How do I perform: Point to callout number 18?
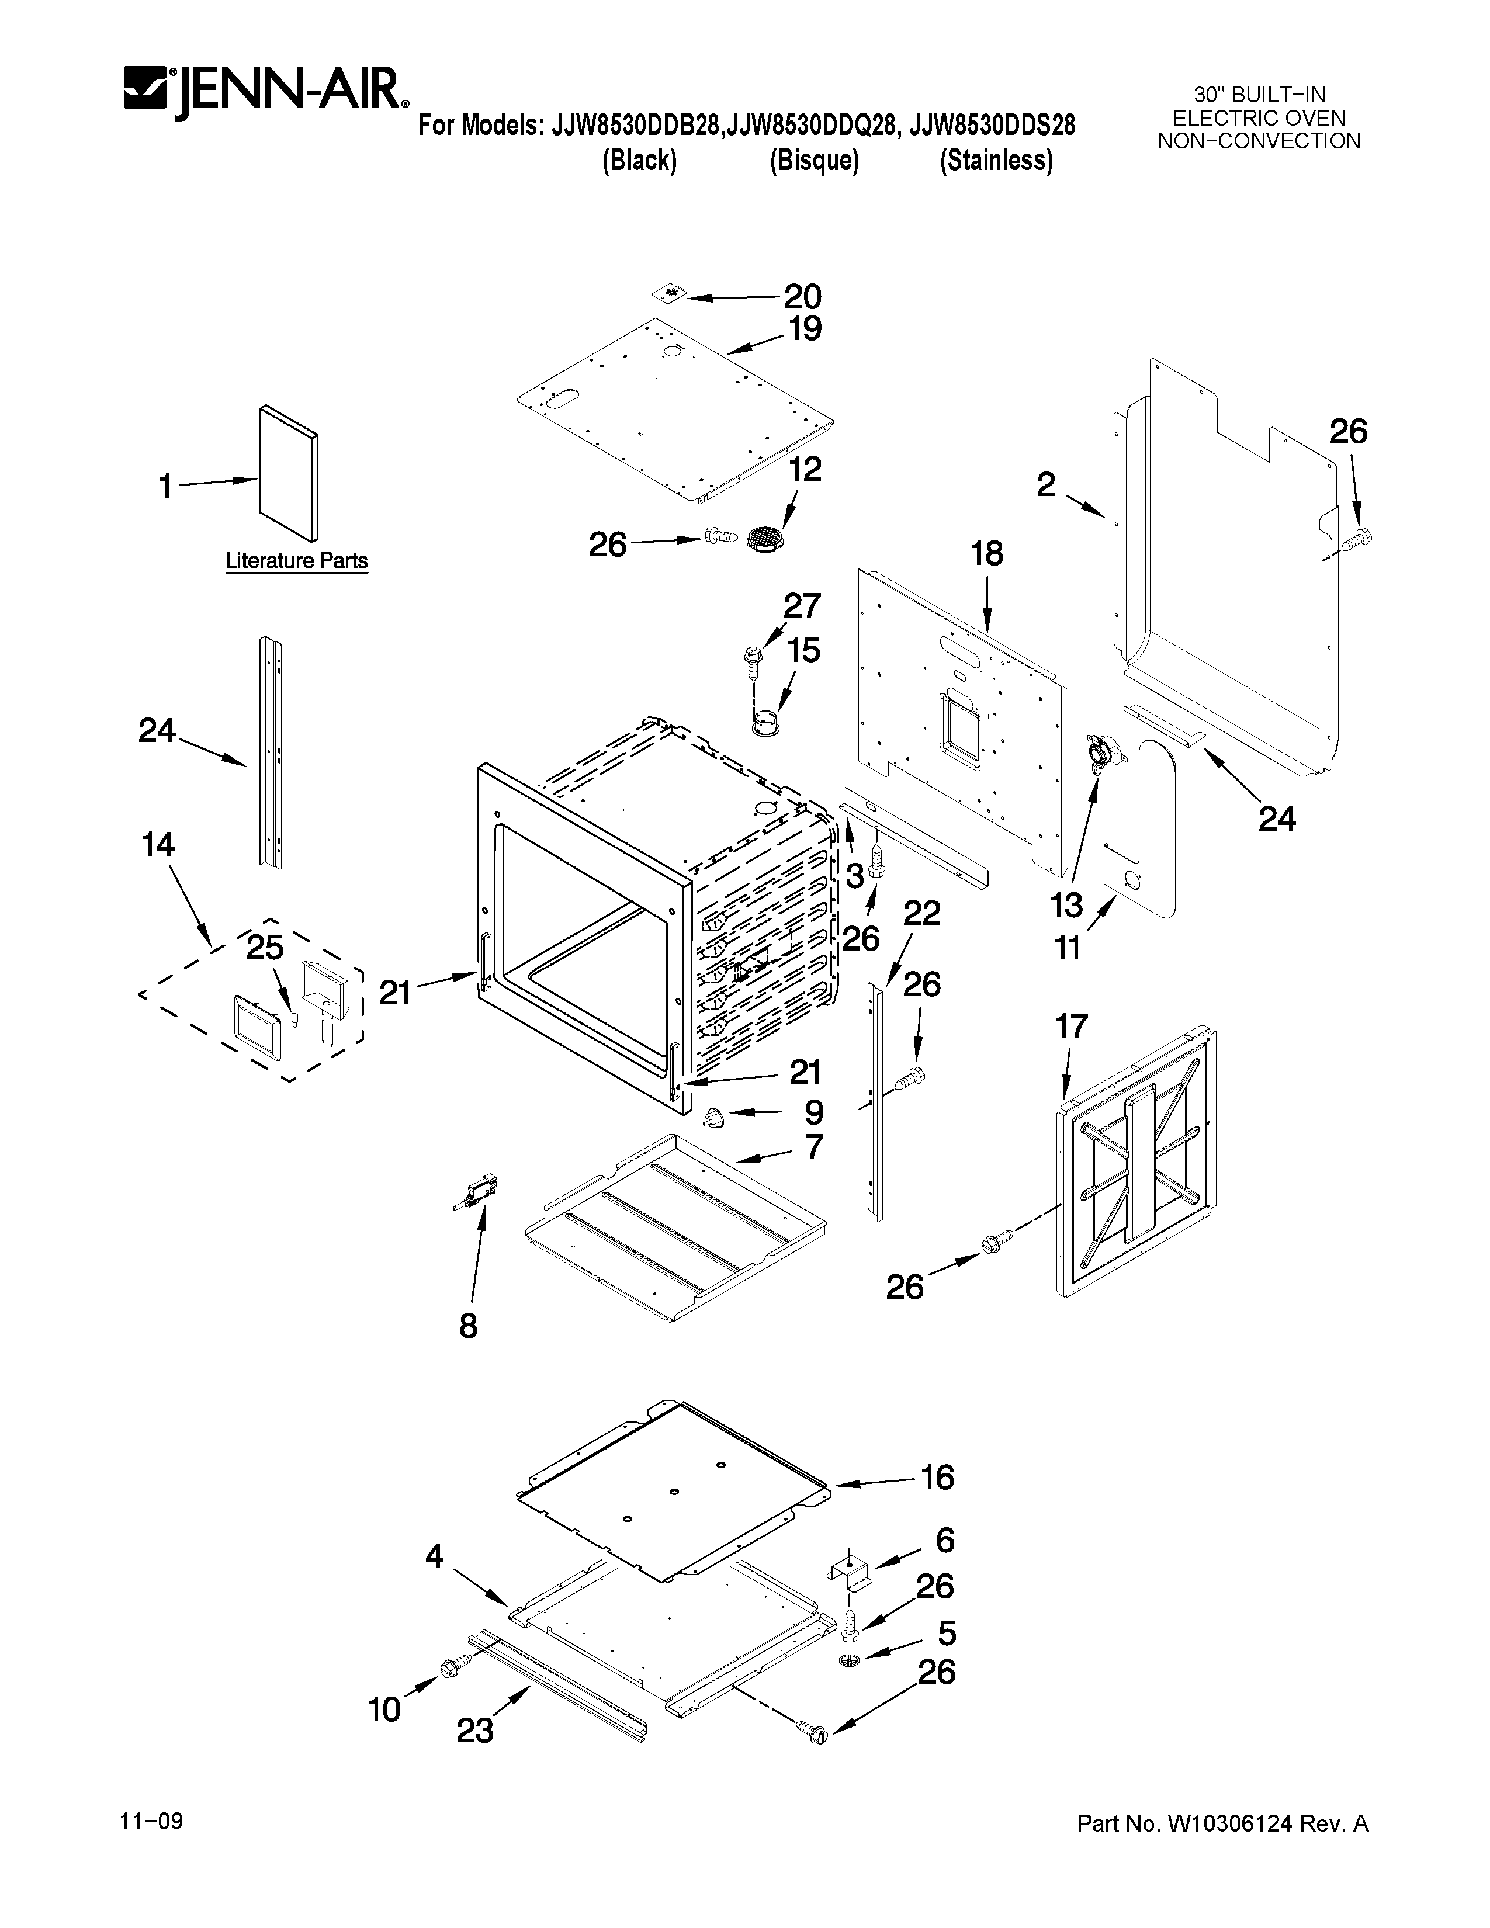tap(987, 554)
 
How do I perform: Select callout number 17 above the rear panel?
tap(1072, 1027)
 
